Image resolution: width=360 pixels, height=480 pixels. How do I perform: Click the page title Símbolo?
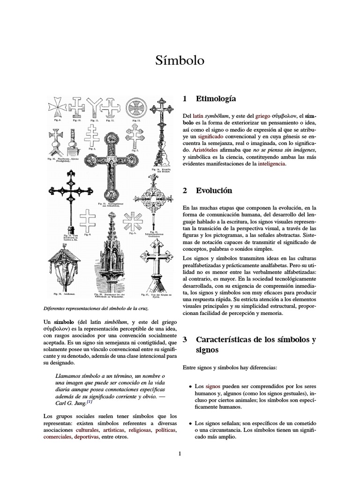pos(180,60)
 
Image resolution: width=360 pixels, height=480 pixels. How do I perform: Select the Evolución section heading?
pos(214,191)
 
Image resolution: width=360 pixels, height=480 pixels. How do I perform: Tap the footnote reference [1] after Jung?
pos(89,402)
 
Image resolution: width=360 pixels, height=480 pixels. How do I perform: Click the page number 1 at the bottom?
pos(180,453)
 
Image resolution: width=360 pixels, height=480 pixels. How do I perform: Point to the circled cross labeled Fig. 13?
pos(136,107)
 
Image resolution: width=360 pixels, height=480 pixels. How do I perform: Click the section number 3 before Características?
pos(185,339)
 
